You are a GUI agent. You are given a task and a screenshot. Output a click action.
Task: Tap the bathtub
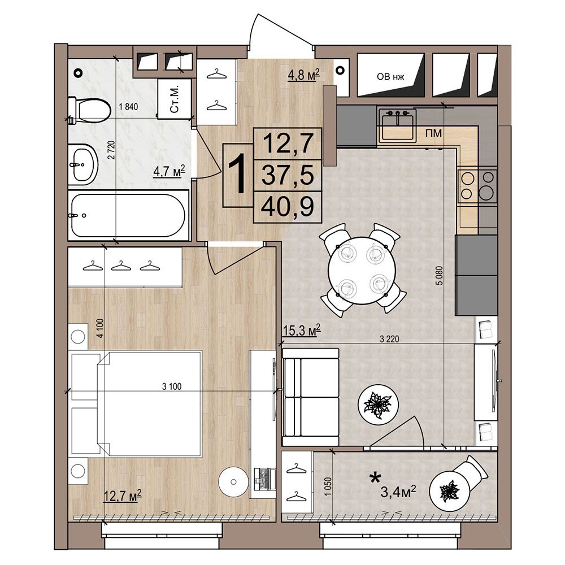tap(129, 215)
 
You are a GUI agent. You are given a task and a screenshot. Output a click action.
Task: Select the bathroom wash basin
tap(83, 164)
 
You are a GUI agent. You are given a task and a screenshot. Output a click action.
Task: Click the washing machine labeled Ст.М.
tap(174, 99)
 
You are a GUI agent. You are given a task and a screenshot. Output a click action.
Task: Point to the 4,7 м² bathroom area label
tap(169, 171)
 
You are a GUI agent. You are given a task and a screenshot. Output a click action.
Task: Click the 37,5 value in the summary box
tap(287, 175)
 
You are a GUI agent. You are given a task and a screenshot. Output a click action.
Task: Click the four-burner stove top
tap(477, 185)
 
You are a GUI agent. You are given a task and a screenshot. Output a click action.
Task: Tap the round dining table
tap(362, 270)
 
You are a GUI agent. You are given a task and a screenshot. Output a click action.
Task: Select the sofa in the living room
tap(311, 397)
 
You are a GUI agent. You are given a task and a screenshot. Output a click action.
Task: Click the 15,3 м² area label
tap(301, 330)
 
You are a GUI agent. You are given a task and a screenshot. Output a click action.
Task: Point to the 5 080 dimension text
tap(439, 276)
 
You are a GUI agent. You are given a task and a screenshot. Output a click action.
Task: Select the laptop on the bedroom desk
tap(264, 478)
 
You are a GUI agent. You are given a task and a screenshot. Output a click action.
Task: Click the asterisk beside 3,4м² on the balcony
tap(375, 478)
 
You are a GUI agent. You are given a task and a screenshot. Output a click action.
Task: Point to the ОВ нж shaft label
tap(390, 77)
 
